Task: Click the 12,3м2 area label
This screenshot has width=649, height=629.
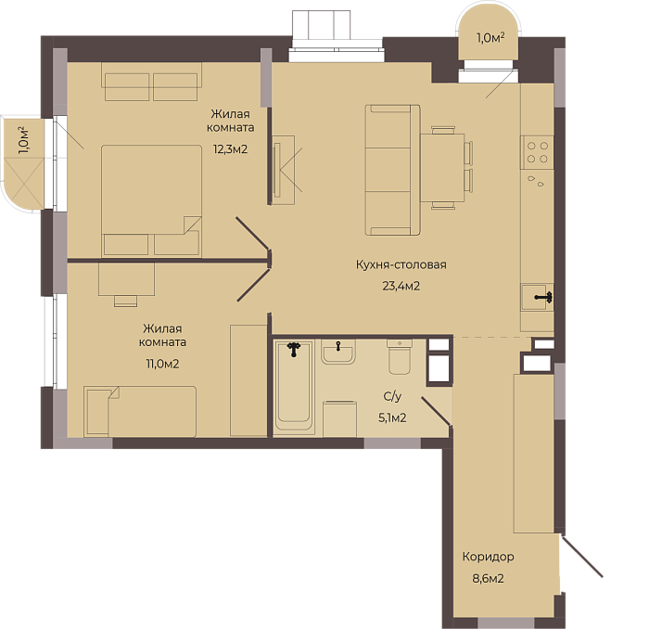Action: [230, 149]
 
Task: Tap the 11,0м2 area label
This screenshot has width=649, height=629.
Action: [162, 365]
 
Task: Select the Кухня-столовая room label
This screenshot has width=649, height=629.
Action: [401, 264]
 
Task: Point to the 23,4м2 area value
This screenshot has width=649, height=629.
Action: [401, 286]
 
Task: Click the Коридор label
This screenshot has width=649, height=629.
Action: [488, 557]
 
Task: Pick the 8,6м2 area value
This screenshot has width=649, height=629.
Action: [488, 579]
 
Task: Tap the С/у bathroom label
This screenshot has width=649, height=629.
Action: [392, 397]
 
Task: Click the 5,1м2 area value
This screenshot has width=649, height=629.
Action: [392, 417]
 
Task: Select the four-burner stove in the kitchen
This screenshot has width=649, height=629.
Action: [537, 152]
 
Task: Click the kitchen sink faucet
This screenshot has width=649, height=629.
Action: [544, 297]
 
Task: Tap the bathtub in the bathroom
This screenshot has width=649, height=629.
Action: [294, 386]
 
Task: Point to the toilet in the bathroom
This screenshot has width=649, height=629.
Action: [400, 357]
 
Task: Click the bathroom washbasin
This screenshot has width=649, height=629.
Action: [338, 352]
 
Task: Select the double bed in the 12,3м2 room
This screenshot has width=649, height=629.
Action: [151, 200]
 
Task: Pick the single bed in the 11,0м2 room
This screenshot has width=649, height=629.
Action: [140, 411]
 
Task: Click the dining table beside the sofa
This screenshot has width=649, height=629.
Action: [442, 167]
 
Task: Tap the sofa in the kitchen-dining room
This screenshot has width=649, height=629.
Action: [392, 170]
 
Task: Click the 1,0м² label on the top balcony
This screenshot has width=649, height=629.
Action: [490, 38]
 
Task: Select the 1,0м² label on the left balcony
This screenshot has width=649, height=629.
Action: [24, 141]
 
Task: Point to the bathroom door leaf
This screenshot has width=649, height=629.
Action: [437, 411]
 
